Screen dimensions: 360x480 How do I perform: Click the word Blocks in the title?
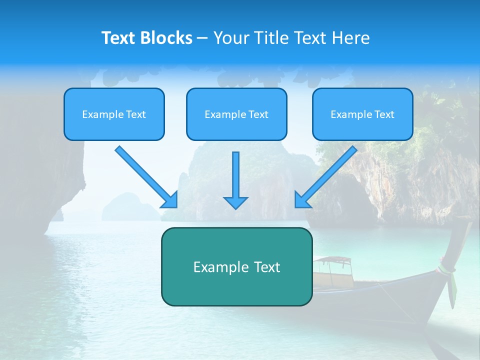[167, 38]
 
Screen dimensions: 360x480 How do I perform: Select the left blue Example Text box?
[114, 114]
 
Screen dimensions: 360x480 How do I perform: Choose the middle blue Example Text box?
[236, 114]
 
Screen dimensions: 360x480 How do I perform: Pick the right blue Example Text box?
[362, 114]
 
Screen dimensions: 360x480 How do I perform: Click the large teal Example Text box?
[236, 266]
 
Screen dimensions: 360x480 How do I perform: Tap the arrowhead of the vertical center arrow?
[235, 201]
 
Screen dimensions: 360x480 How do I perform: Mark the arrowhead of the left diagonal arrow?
[170, 200]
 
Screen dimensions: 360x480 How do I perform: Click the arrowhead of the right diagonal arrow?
[302, 200]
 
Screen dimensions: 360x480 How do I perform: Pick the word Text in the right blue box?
[384, 114]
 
